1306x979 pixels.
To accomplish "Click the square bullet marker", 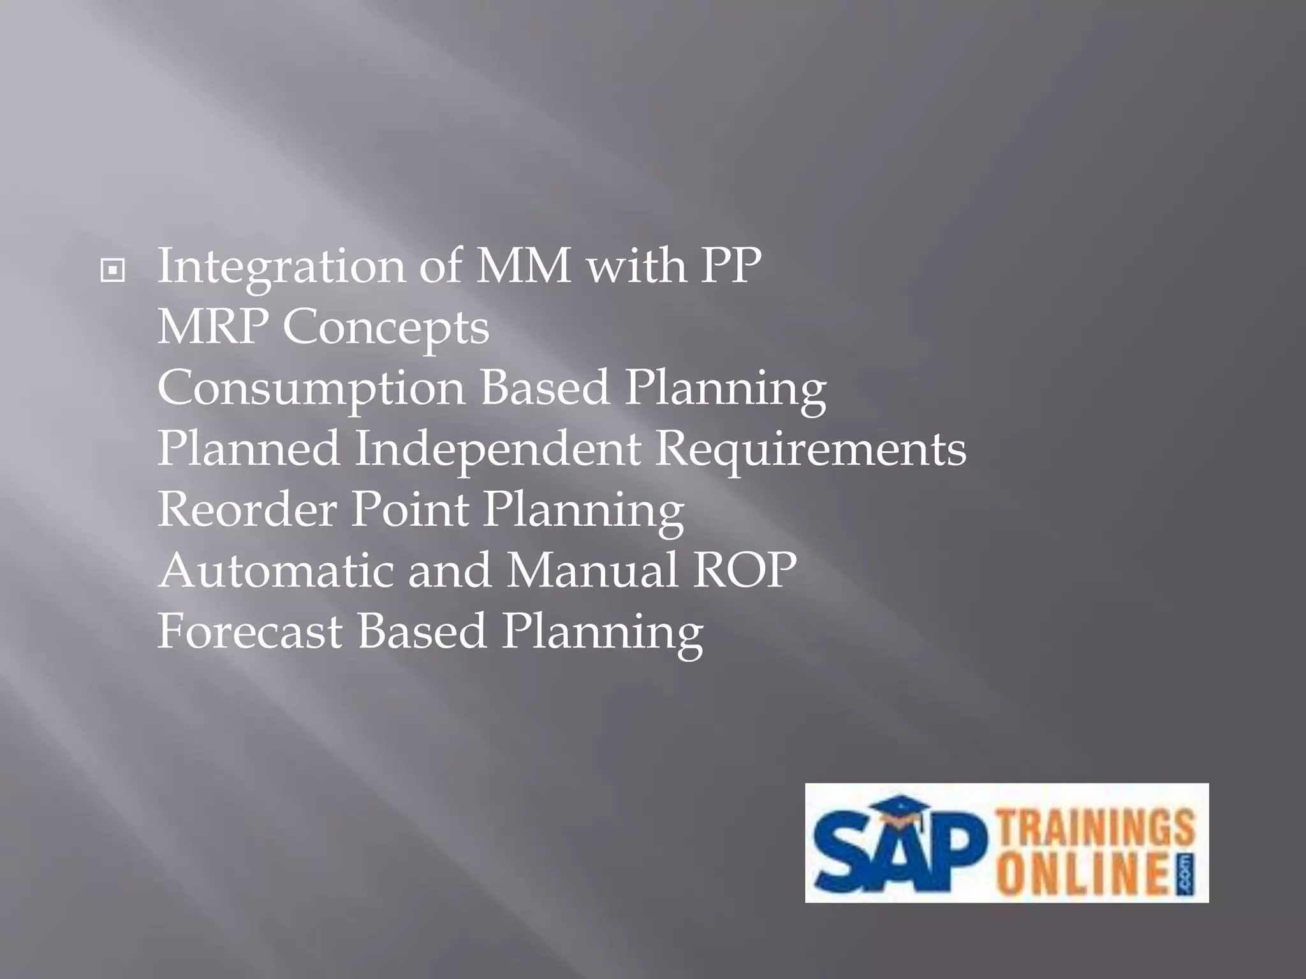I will (x=113, y=272).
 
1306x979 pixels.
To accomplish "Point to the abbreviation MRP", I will (x=213, y=327).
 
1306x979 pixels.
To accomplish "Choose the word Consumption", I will (x=311, y=389).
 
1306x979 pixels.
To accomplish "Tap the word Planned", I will (x=249, y=449).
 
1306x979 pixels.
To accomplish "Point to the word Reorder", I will (x=247, y=509).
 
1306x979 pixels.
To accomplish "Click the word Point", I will (x=410, y=509).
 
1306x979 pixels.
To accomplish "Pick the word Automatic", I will (x=276, y=570).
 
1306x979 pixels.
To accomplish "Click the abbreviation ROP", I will (x=745, y=570).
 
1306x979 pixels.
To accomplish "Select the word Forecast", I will (x=250, y=631).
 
